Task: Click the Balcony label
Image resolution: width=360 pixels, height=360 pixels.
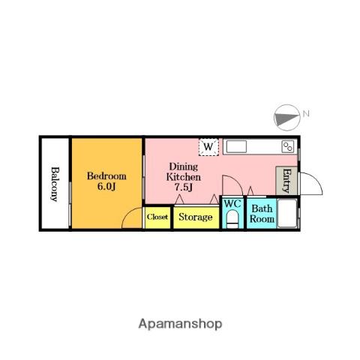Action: [x=55, y=184]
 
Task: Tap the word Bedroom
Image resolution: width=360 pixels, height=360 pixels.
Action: [x=106, y=176]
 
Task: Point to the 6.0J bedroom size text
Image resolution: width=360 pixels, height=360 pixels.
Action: [x=106, y=187]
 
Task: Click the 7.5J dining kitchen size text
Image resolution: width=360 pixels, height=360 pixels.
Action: [x=184, y=187]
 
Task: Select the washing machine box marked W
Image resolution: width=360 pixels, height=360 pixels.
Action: [x=208, y=147]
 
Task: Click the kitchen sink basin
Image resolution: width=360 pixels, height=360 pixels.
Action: [x=236, y=146]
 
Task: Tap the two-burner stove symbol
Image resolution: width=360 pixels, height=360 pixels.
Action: [x=288, y=146]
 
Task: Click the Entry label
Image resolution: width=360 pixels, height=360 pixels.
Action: [x=287, y=181]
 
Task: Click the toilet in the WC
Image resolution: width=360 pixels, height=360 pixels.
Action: [x=232, y=219]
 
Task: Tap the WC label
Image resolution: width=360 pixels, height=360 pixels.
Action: [x=232, y=203]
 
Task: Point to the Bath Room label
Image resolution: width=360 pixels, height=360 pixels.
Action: [x=262, y=214]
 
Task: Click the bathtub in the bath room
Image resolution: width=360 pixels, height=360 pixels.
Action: [x=287, y=213]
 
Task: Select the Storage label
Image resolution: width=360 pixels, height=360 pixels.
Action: [x=196, y=217]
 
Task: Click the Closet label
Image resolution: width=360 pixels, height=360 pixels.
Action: [x=157, y=217]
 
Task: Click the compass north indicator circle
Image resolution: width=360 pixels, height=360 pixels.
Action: [x=287, y=118]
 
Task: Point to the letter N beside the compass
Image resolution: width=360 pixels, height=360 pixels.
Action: [x=306, y=114]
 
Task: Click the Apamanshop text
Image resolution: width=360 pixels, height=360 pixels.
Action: [x=180, y=324]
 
